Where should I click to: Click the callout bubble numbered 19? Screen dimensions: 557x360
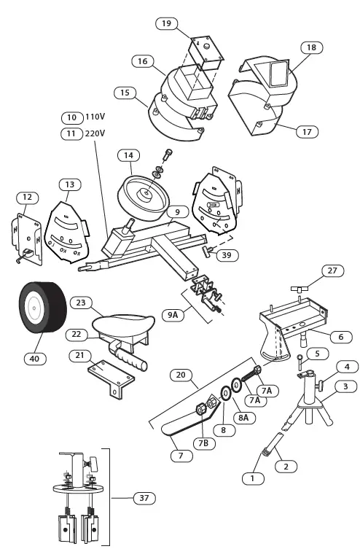click(x=166, y=24)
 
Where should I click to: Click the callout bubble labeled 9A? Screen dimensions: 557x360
click(x=173, y=315)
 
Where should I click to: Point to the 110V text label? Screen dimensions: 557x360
click(x=95, y=117)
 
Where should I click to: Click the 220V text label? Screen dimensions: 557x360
click(x=95, y=133)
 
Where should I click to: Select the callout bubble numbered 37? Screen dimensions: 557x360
click(x=144, y=498)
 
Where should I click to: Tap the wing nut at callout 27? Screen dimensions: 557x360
click(x=300, y=290)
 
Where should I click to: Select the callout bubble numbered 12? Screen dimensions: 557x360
click(x=27, y=197)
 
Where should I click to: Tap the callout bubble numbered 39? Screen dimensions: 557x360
click(x=227, y=254)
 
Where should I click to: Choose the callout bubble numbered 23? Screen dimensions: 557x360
click(x=81, y=302)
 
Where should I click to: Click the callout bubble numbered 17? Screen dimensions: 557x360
click(x=307, y=132)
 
